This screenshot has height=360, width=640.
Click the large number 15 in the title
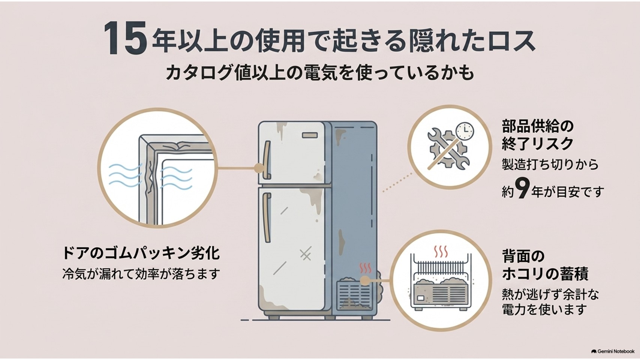pos(125,38)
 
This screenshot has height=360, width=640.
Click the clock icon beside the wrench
pos(465,131)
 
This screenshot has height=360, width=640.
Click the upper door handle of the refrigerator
pos(267,160)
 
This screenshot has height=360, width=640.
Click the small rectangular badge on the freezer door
pos(310,135)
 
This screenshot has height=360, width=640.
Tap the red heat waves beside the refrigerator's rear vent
pos(365,268)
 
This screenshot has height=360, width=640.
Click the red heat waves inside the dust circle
pos(441,252)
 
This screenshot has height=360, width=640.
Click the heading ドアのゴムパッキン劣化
pos(141,253)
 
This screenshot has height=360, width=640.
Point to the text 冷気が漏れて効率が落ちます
pos(141,274)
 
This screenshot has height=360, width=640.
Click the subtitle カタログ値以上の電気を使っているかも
pos(320,73)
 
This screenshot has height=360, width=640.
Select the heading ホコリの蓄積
pos(545,274)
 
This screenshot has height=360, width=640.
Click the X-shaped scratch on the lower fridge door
pos(306,254)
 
